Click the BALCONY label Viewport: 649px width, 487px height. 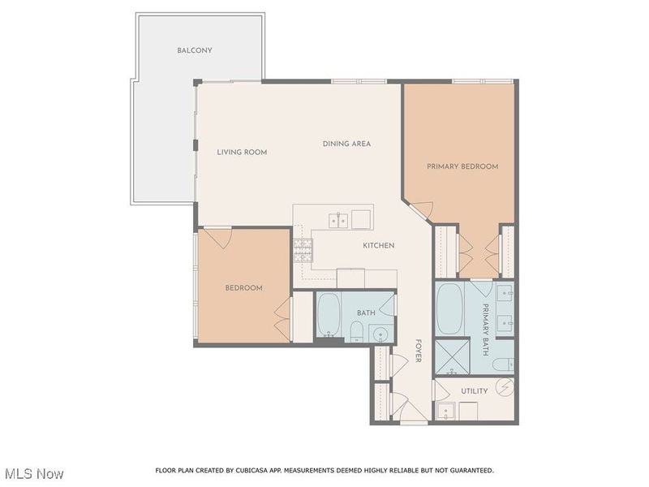pos(195,50)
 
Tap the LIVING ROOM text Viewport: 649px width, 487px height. pos(242,152)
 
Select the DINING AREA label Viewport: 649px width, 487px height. pos(346,144)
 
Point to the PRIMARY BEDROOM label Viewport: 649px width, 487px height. pos(462,166)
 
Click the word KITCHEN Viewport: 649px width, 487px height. pos(378,245)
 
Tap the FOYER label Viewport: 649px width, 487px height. pos(419,351)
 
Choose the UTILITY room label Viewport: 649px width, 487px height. pos(475,390)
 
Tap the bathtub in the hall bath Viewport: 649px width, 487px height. pos(329,315)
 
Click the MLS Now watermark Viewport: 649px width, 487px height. pos(34,473)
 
